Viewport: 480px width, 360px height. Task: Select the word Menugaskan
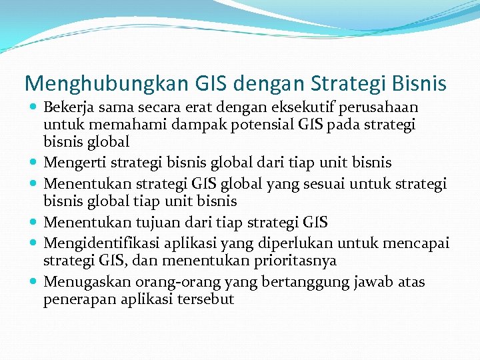[x=79, y=281]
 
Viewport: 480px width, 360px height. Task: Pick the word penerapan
[x=73, y=299]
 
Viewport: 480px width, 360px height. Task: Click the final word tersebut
[x=206, y=299]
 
